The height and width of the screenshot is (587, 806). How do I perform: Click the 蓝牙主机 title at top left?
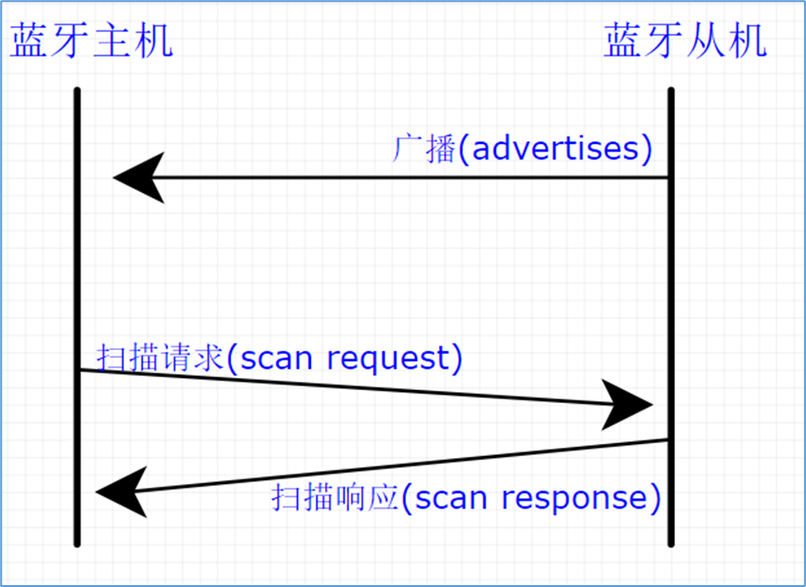coord(91,42)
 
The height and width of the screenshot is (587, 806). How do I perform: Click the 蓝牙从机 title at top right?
coord(685,42)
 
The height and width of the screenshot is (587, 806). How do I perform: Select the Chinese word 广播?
coord(422,149)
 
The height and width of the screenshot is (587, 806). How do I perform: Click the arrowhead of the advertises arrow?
coord(135,177)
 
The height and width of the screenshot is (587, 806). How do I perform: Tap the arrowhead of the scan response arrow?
coord(119,490)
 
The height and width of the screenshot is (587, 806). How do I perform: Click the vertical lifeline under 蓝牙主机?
coord(77,279)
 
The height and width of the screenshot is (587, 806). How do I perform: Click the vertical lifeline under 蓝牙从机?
coord(669,279)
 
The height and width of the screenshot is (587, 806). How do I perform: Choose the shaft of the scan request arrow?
coord(344,387)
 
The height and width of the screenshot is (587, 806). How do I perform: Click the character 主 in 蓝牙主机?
coord(111,42)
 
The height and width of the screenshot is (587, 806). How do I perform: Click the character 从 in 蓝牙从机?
coord(706,42)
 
